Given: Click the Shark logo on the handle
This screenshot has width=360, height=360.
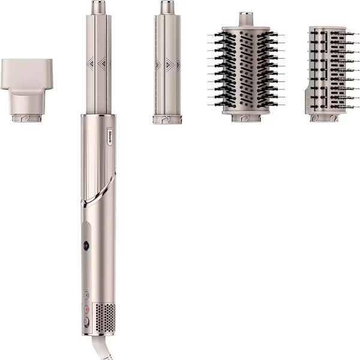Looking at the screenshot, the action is click(x=110, y=137).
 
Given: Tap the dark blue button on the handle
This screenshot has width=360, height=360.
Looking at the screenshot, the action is click(x=86, y=245).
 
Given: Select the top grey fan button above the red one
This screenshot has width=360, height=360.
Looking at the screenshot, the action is click(x=86, y=295).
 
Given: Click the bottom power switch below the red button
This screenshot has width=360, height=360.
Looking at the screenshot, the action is click(x=86, y=322).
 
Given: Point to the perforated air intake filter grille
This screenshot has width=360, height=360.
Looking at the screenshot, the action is click(x=105, y=318).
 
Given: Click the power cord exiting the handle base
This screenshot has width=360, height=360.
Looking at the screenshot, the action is click(x=99, y=348).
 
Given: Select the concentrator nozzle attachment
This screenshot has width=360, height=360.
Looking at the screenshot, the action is click(x=26, y=90).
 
